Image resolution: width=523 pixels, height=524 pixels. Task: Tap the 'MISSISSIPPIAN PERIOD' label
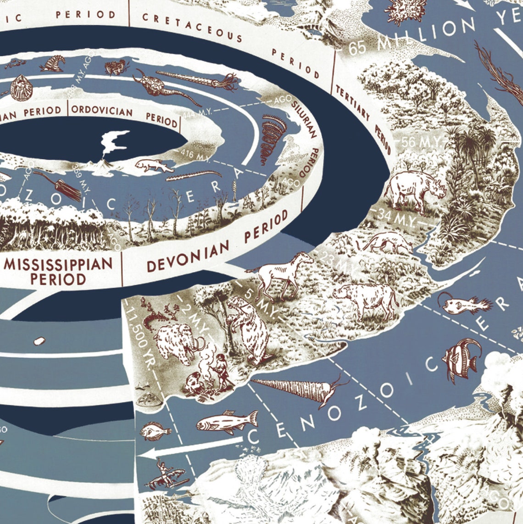(x=58, y=271)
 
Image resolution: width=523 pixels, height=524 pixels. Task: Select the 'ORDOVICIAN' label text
(x=102, y=111)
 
